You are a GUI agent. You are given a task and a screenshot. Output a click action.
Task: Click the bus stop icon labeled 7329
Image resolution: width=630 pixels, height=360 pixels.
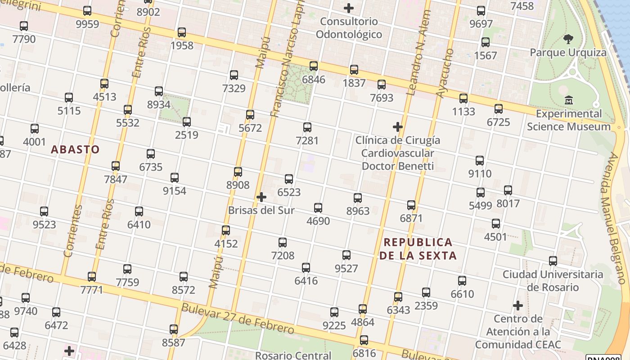[x=234, y=75]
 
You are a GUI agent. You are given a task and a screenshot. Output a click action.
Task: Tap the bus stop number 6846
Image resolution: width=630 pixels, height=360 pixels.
[x=314, y=66]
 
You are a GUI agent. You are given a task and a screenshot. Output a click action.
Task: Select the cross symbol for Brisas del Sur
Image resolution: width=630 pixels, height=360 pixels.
[x=261, y=197]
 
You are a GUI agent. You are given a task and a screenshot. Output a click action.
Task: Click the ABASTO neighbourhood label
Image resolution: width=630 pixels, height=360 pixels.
[x=75, y=149]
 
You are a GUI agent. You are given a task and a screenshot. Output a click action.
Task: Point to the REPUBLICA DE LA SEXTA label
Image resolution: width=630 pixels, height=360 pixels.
[x=418, y=249]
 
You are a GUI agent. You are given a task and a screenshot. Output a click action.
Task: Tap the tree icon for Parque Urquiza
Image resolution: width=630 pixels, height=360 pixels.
[x=568, y=39]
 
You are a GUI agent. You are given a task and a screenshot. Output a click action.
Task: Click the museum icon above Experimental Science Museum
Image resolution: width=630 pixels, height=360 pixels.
[x=569, y=100]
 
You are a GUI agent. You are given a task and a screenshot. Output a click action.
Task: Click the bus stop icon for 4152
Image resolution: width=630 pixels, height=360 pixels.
[x=226, y=230]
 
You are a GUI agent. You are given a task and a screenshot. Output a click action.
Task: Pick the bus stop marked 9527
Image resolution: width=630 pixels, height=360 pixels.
[x=346, y=255]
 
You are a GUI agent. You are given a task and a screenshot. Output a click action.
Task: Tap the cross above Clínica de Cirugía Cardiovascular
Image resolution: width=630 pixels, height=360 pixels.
[x=398, y=127]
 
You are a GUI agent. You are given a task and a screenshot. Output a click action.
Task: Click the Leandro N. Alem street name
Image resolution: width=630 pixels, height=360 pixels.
[x=418, y=53]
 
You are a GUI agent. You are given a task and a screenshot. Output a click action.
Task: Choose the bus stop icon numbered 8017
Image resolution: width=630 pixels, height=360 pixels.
[x=508, y=190]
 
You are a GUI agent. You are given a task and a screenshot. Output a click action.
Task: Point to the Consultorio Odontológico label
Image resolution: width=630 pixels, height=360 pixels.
[x=349, y=28]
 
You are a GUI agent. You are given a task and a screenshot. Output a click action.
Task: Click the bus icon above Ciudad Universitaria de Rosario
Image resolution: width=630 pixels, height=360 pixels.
[x=553, y=261]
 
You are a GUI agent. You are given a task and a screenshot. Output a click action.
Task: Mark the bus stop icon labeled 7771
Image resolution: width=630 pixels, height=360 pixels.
[x=92, y=276]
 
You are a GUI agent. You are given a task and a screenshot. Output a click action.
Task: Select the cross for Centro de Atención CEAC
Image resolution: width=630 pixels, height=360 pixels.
[x=518, y=306]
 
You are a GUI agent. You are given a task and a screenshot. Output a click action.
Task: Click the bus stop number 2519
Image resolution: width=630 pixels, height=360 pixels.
[x=187, y=122]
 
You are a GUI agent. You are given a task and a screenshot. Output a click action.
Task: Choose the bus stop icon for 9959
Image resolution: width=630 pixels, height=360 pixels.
[x=87, y=11]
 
